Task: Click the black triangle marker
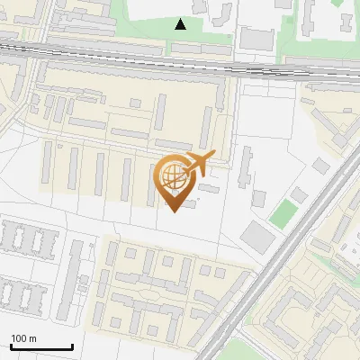(x=181, y=24)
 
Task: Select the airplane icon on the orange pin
(x=195, y=165)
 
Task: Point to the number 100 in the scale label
(x=18, y=338)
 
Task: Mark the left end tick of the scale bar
(x=11, y=346)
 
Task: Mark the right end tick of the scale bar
(x=72, y=346)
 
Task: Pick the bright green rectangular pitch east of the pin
(x=283, y=213)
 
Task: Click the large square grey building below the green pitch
(x=259, y=237)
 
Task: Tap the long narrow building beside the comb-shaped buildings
(x=78, y=279)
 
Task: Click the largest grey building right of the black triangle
(x=256, y=38)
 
